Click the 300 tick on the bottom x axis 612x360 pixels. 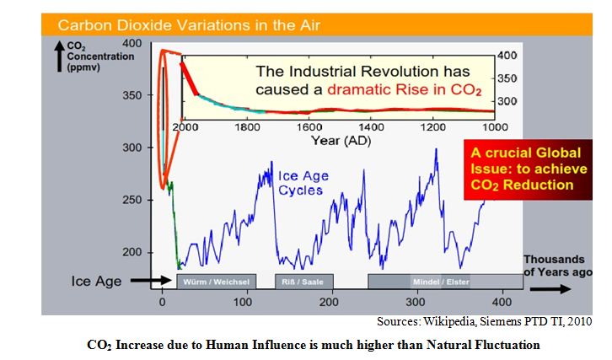pyautogui.click(x=415, y=301)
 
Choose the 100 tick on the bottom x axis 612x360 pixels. pyautogui.click(x=246, y=301)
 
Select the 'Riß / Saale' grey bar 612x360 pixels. pyautogui.click(x=303, y=281)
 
